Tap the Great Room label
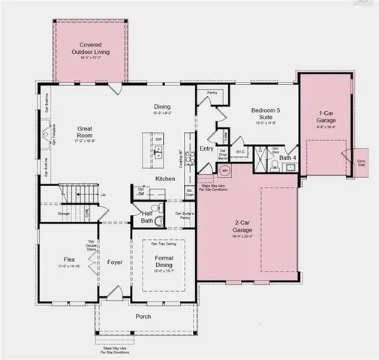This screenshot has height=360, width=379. pos(85,132)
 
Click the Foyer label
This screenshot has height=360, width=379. pos(114,262)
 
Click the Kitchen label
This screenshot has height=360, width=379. pos(166,178)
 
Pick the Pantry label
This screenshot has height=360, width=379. pos(212,93)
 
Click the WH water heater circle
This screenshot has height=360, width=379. pos(224,170)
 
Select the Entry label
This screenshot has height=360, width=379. pos(207,148)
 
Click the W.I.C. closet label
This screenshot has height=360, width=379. pos(241,152)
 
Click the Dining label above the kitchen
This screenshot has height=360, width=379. pos(162,106)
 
